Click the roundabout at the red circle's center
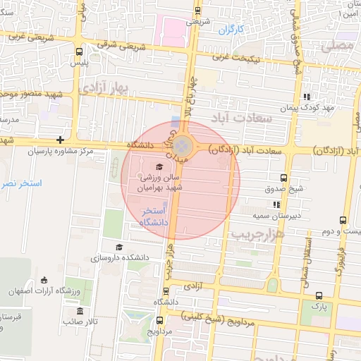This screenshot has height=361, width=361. [x=182, y=147]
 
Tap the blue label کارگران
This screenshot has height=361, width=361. [x=230, y=30]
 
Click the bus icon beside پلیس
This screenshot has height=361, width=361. [x=78, y=51]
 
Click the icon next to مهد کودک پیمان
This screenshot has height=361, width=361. [x=305, y=97]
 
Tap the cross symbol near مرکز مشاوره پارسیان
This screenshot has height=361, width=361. [x=61, y=140]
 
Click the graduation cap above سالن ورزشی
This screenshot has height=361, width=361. [x=159, y=167]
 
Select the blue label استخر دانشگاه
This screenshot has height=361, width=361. [x=153, y=216]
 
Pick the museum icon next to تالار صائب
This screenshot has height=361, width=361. [x=79, y=311]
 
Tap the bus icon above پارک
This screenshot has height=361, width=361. [x=320, y=295]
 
